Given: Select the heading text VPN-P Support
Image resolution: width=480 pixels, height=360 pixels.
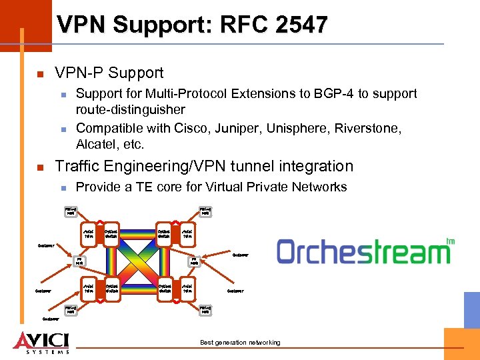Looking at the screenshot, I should (x=109, y=73).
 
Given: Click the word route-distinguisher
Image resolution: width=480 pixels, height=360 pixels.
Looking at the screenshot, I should (x=131, y=109).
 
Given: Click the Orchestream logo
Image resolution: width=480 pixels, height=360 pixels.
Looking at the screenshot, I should (x=364, y=252).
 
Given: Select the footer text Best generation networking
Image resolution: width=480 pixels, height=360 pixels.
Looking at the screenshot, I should (x=240, y=343).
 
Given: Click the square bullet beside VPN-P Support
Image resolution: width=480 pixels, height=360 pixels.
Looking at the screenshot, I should (x=41, y=73).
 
